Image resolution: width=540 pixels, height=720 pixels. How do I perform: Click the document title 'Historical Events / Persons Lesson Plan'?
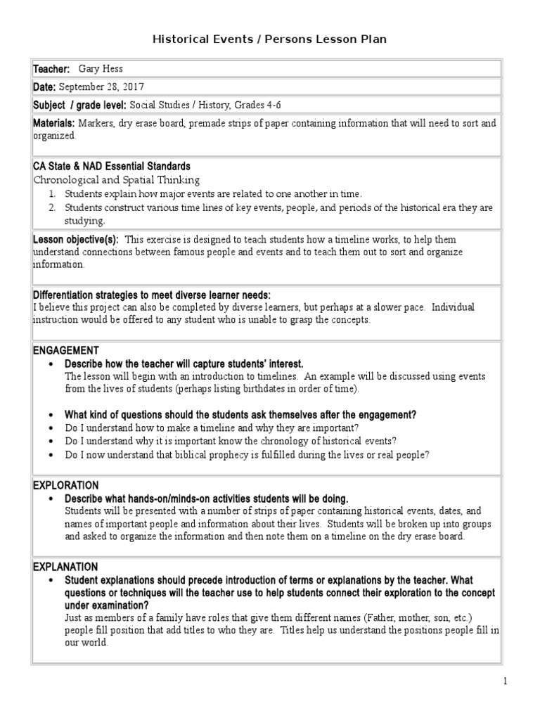[270, 39]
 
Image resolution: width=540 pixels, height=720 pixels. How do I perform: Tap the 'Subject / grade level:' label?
[79, 105]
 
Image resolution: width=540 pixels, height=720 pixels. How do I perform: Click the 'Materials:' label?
[54, 123]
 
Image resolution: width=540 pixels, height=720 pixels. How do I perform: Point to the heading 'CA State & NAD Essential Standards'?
[111, 167]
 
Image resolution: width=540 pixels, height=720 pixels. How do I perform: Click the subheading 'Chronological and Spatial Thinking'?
[117, 180]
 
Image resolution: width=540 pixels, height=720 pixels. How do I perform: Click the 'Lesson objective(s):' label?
[76, 240]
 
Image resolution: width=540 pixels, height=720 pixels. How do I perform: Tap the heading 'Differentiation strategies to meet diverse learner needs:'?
[151, 294]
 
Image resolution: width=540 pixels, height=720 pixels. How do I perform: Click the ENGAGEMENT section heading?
[66, 350]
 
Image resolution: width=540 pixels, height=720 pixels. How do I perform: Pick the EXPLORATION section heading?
[66, 485]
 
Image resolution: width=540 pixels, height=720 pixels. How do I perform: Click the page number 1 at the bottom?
[504, 681]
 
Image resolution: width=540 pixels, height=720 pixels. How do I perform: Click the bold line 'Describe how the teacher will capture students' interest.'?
[184, 364]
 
